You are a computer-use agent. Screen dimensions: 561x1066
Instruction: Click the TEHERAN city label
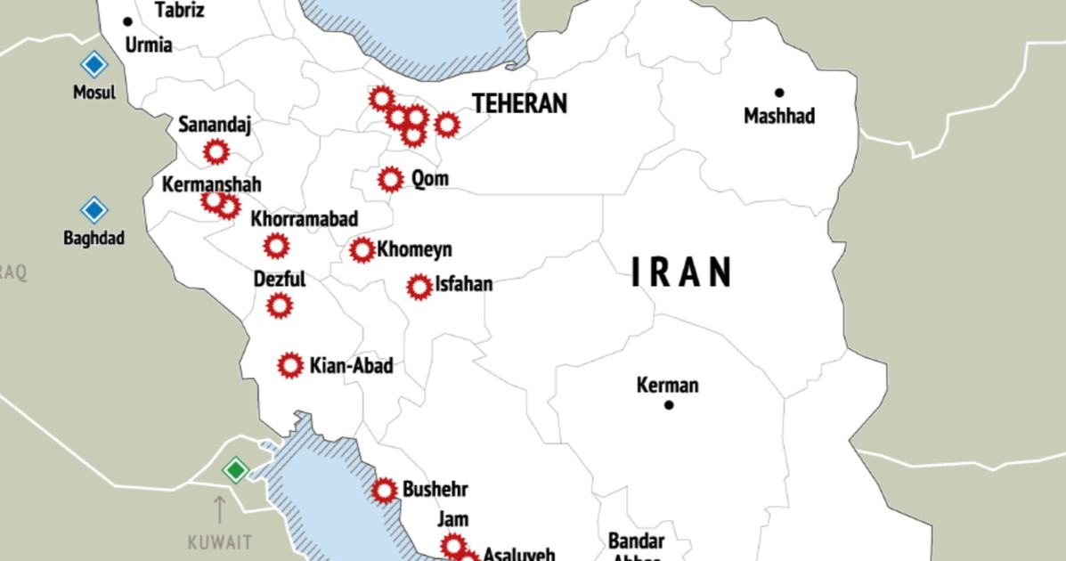click(x=519, y=103)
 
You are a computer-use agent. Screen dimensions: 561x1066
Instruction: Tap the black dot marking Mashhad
click(x=779, y=93)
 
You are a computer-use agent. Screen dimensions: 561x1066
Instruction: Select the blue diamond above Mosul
click(x=94, y=65)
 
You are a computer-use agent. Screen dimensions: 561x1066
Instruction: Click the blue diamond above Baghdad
click(x=94, y=210)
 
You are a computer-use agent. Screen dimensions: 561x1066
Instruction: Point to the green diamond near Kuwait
click(x=235, y=469)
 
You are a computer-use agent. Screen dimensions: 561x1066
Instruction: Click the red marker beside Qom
click(x=390, y=180)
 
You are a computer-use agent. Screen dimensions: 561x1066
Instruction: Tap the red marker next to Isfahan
click(x=419, y=287)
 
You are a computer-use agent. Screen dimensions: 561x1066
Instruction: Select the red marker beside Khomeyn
click(x=362, y=250)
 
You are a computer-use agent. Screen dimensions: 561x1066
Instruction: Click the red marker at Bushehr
click(x=385, y=490)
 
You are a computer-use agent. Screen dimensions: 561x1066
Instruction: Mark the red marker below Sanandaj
click(x=216, y=152)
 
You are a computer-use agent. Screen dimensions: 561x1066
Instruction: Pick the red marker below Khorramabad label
click(x=276, y=245)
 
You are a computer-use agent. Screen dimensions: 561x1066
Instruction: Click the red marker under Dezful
click(x=280, y=306)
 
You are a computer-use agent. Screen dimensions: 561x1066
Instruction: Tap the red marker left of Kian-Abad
click(x=290, y=365)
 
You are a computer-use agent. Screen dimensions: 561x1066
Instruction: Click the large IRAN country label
click(x=682, y=272)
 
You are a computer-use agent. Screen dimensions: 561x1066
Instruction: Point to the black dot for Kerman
click(x=669, y=405)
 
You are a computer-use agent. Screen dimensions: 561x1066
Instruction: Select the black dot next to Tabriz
click(x=128, y=21)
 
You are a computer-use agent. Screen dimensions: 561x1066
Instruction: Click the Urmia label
click(x=149, y=45)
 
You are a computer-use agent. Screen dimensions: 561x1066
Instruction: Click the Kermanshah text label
click(x=212, y=185)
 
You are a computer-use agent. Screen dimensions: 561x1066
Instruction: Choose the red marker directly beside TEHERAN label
click(x=447, y=125)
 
